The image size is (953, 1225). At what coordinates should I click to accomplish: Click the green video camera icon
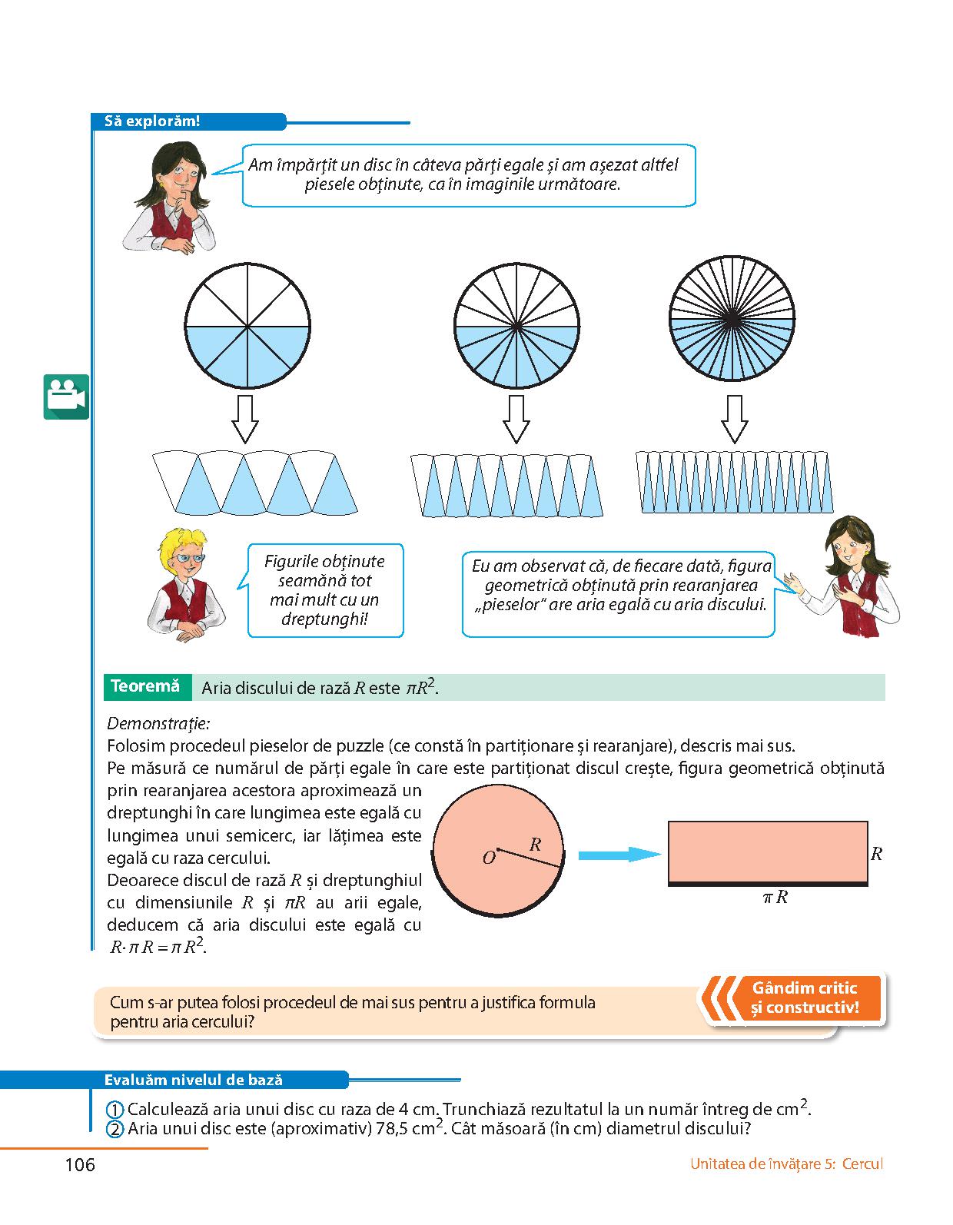(x=66, y=397)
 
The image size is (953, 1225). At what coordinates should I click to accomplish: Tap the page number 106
(x=80, y=1164)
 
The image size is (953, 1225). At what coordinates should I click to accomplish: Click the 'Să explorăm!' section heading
(x=151, y=121)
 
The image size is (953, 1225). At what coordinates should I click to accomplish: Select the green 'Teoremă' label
(x=145, y=686)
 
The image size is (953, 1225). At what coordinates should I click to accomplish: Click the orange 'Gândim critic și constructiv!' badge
(x=805, y=998)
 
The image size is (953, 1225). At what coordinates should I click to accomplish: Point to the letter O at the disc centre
(x=489, y=858)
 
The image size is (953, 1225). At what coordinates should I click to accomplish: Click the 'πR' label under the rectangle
(x=775, y=897)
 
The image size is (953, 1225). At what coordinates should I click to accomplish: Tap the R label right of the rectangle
(x=876, y=853)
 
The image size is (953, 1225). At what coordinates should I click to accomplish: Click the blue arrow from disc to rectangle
(x=619, y=854)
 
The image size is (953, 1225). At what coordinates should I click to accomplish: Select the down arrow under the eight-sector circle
(x=245, y=419)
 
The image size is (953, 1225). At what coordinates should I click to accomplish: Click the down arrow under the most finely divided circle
(x=734, y=419)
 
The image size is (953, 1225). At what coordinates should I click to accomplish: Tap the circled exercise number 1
(x=115, y=1110)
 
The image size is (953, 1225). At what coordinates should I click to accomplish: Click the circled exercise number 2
(x=115, y=1129)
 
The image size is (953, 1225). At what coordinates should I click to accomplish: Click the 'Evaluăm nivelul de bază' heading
(x=193, y=1080)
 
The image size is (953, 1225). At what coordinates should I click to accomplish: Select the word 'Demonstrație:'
(x=158, y=723)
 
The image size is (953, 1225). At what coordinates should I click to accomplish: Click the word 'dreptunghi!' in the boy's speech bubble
(x=324, y=619)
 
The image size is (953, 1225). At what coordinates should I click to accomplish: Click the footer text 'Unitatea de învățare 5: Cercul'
(x=786, y=1164)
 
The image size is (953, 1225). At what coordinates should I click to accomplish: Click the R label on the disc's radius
(x=536, y=845)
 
